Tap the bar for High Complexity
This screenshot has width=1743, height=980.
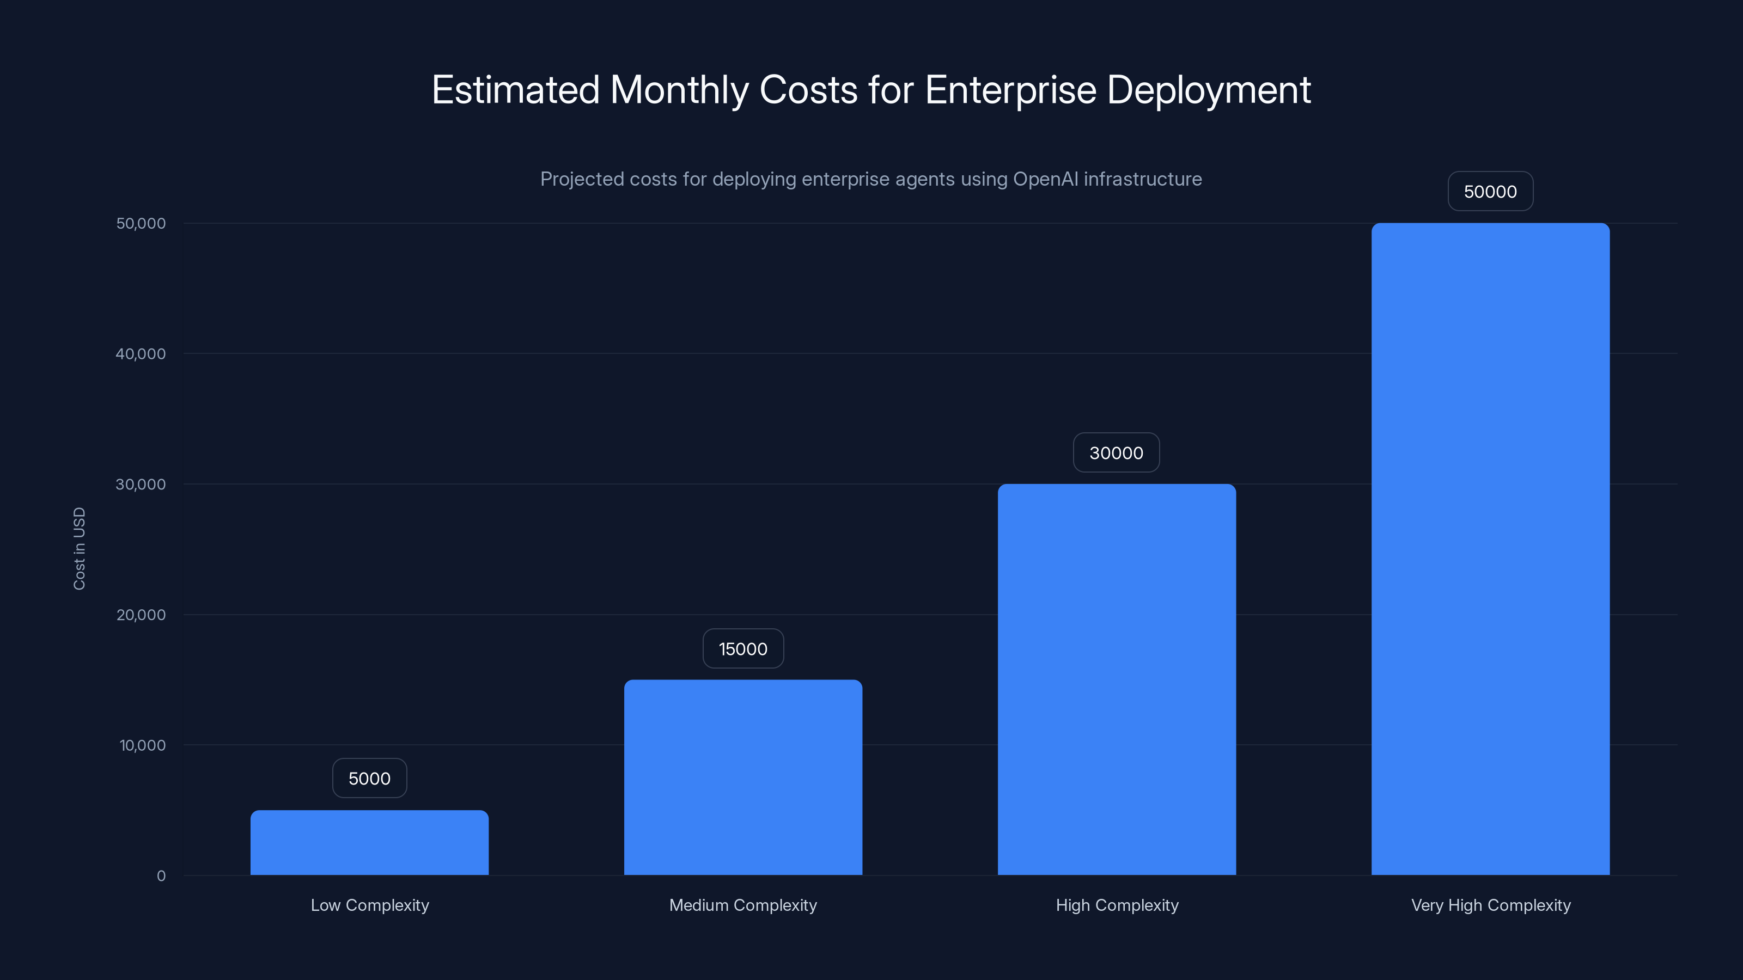pyautogui.click(x=1117, y=679)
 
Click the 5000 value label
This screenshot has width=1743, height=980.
pyautogui.click(x=369, y=779)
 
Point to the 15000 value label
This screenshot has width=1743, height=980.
pyautogui.click(x=743, y=648)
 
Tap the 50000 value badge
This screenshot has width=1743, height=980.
pyautogui.click(x=1490, y=192)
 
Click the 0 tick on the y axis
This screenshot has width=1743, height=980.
pyautogui.click(x=161, y=876)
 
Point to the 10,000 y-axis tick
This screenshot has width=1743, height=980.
pyautogui.click(x=142, y=745)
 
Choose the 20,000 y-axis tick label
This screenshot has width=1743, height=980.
pyautogui.click(x=141, y=615)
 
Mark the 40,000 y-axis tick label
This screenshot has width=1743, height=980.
pyautogui.click(x=141, y=354)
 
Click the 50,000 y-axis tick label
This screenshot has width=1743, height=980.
pyautogui.click(x=141, y=223)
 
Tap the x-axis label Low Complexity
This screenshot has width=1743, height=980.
pyautogui.click(x=369, y=905)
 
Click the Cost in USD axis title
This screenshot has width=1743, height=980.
pyautogui.click(x=79, y=548)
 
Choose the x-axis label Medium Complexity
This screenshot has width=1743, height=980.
pyautogui.click(x=743, y=905)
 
